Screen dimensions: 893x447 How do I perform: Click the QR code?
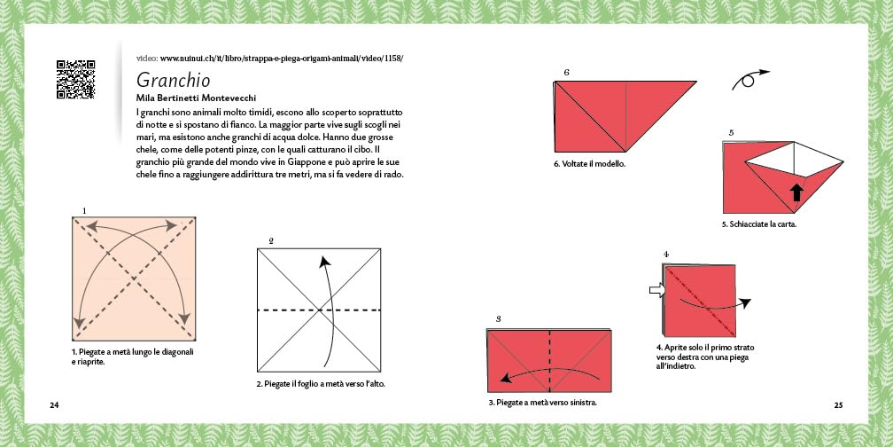76,79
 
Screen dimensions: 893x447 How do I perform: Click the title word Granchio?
173,80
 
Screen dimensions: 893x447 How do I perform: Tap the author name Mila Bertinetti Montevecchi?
196,98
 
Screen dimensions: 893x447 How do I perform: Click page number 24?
54,405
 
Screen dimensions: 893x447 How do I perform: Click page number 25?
838,405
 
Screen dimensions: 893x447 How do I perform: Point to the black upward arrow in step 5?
796,192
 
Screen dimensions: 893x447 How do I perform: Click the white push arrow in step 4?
657,290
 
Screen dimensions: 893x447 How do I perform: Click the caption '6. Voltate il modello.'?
589,164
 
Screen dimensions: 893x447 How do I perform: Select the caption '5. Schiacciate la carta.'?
759,224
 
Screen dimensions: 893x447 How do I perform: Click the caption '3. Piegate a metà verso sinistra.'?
543,403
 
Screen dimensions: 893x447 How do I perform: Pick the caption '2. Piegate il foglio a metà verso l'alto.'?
321,384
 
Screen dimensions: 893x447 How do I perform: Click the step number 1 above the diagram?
84,211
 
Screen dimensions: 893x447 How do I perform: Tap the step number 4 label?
666,255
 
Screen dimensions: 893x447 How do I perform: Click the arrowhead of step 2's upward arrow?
324,262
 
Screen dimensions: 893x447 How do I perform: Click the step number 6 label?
567,73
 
